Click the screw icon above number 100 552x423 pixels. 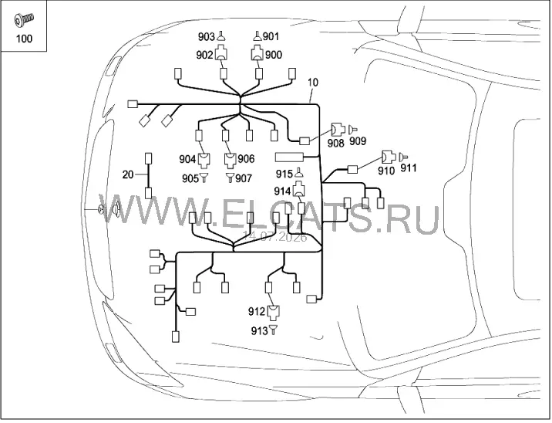click(24, 19)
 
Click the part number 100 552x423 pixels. click(24, 39)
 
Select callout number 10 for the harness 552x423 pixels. click(312, 83)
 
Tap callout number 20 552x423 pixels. click(128, 174)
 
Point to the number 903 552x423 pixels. click(206, 36)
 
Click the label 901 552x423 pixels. click(271, 36)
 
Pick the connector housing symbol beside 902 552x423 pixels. click(221, 52)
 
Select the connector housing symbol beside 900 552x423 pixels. click(257, 52)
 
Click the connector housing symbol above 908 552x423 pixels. click(338, 130)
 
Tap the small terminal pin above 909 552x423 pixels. click(353, 130)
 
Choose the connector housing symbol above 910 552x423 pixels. click(389, 157)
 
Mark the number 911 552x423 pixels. click(409, 168)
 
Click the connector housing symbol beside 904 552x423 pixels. click(204, 160)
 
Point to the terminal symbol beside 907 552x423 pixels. click(230, 178)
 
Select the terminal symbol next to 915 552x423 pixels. click(299, 173)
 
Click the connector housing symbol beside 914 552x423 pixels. click(298, 188)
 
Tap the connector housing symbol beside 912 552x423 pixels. click(273, 312)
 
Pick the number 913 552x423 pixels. click(259, 331)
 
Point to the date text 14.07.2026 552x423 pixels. click(274, 236)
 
